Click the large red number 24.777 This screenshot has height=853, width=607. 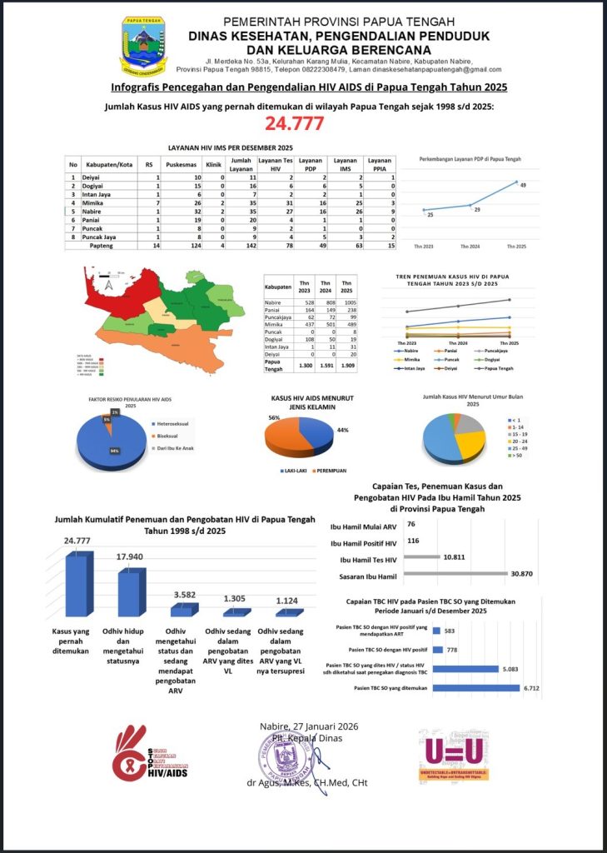pos(303,125)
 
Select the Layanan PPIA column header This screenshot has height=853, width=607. pos(379,164)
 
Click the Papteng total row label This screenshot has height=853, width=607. pos(101,246)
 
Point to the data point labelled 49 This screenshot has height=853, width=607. pos(516,182)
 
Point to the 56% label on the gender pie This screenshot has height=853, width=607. pos(272,417)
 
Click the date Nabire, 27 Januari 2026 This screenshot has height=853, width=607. pos(308,726)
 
